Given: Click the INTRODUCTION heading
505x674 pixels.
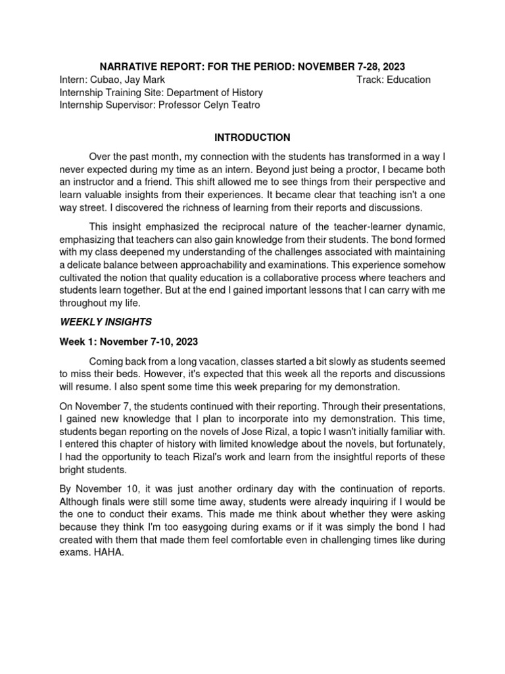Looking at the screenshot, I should point(252,138).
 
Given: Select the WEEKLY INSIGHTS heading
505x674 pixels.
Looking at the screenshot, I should point(106,322).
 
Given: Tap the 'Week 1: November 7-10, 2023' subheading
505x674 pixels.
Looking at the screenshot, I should point(128,342).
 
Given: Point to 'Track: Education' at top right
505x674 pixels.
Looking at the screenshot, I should point(393,80).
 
